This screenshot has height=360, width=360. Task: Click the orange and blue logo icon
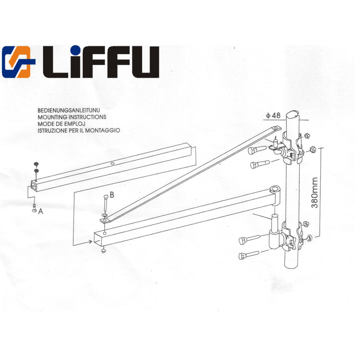pyautogui.click(x=18, y=62)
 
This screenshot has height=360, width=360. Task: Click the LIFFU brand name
pyautogui.click(x=101, y=62)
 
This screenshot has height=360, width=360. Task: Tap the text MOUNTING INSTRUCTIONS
pyautogui.click(x=72, y=117)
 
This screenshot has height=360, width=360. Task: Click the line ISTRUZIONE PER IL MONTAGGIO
pyautogui.click(x=78, y=130)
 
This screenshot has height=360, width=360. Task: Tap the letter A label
pyautogui.click(x=41, y=212)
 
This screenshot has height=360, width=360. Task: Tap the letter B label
pyautogui.click(x=112, y=195)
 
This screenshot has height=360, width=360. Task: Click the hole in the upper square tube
pyautogui.click(x=113, y=164)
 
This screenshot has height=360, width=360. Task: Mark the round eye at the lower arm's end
pyautogui.click(x=275, y=189)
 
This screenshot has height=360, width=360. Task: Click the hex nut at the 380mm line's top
pyautogui.click(x=313, y=148)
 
